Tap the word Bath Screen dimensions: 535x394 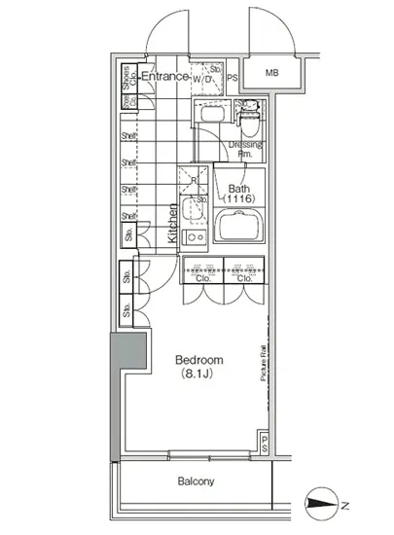[239, 189]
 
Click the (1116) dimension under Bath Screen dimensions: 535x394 [239, 200]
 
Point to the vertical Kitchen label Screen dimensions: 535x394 [172, 223]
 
